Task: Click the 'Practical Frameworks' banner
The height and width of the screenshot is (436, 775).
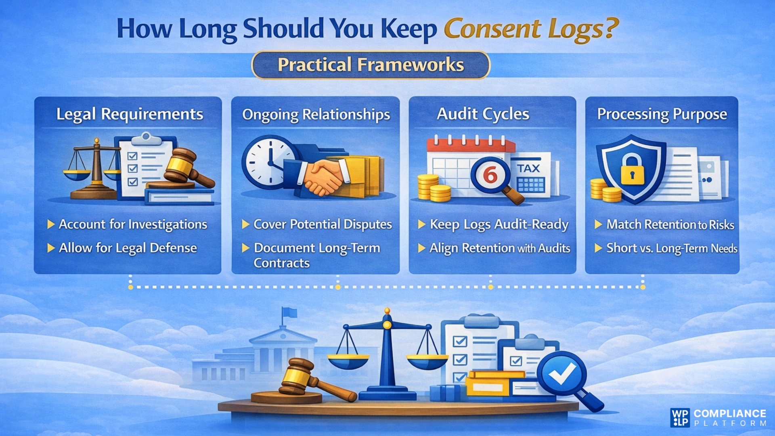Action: pos(371,65)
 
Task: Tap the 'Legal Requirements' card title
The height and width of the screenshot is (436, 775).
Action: pos(130,114)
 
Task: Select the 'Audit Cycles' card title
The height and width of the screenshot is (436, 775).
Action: pos(483,114)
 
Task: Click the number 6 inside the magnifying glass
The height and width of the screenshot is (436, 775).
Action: pos(490,175)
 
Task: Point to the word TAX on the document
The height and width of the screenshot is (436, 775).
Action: pos(528,168)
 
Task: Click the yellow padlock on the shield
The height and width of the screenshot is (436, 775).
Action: pos(632,170)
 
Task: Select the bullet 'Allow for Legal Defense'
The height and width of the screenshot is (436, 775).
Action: pos(128,248)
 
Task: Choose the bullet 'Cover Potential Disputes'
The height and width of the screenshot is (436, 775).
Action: pos(322,224)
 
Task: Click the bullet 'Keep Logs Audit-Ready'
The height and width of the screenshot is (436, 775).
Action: pos(499,224)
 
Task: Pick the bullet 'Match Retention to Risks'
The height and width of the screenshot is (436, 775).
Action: pos(670,224)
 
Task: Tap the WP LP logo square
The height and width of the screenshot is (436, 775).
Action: pos(680,417)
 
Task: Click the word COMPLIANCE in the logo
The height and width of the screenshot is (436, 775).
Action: pos(730,413)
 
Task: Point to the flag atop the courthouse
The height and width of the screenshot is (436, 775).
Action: pos(289,312)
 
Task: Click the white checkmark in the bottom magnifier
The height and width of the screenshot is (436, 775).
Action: pos(562,373)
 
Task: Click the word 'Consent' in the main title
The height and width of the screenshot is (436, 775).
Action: pos(492,29)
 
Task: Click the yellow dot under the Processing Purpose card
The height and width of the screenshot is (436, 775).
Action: pos(643,287)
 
